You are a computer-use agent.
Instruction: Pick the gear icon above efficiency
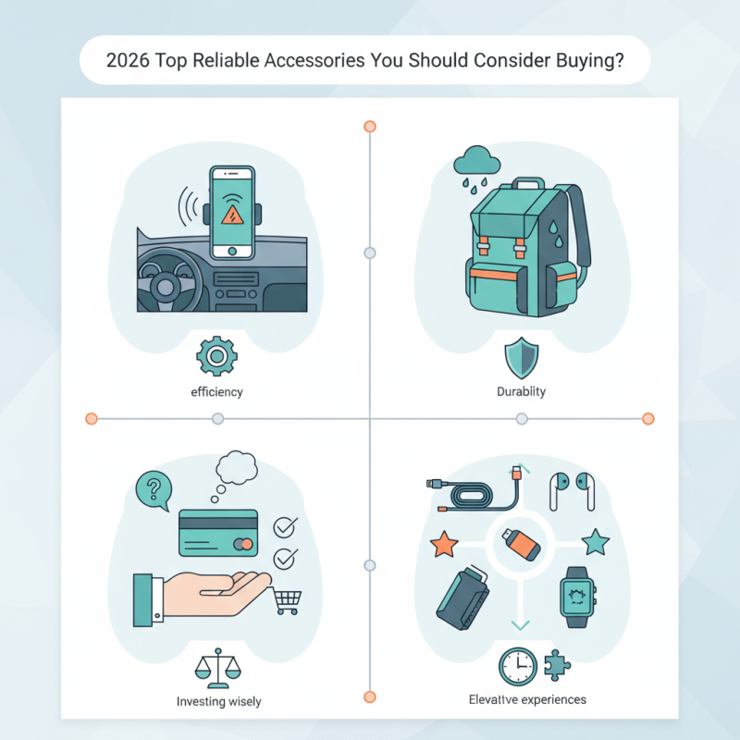pos(217,356)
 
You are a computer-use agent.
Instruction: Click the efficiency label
pos(216,392)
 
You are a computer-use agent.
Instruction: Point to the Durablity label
pos(521,392)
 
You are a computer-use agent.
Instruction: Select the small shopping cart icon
pos(287,602)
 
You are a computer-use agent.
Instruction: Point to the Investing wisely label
pos(219,702)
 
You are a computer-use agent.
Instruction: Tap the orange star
pos(445,544)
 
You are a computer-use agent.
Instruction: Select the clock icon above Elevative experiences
pos(517,665)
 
